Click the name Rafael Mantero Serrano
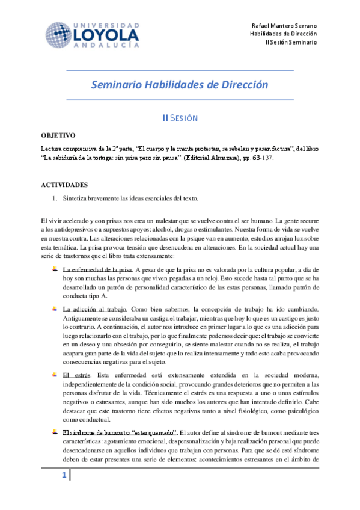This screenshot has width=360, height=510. tap(285, 26)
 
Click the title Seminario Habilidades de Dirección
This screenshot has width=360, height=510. tap(179, 85)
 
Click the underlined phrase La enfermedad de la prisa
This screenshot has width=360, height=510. tap(97, 269)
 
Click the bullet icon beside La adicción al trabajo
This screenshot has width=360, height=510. tap(55, 309)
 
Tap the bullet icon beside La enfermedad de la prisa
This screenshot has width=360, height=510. tap(55, 268)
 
